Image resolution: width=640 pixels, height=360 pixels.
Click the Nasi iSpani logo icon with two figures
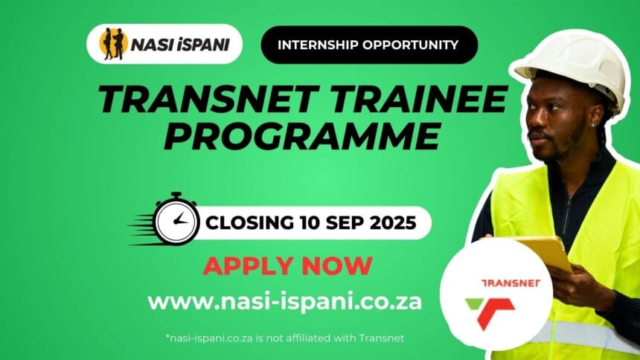(x=115, y=45)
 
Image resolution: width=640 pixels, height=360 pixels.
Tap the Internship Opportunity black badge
(x=368, y=45)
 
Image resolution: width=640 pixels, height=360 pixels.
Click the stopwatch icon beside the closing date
(x=176, y=220)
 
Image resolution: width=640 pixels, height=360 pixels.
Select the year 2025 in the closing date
(x=388, y=222)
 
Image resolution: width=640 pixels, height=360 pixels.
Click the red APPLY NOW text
(x=287, y=265)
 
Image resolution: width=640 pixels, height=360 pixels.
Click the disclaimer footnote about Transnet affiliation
(x=284, y=338)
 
